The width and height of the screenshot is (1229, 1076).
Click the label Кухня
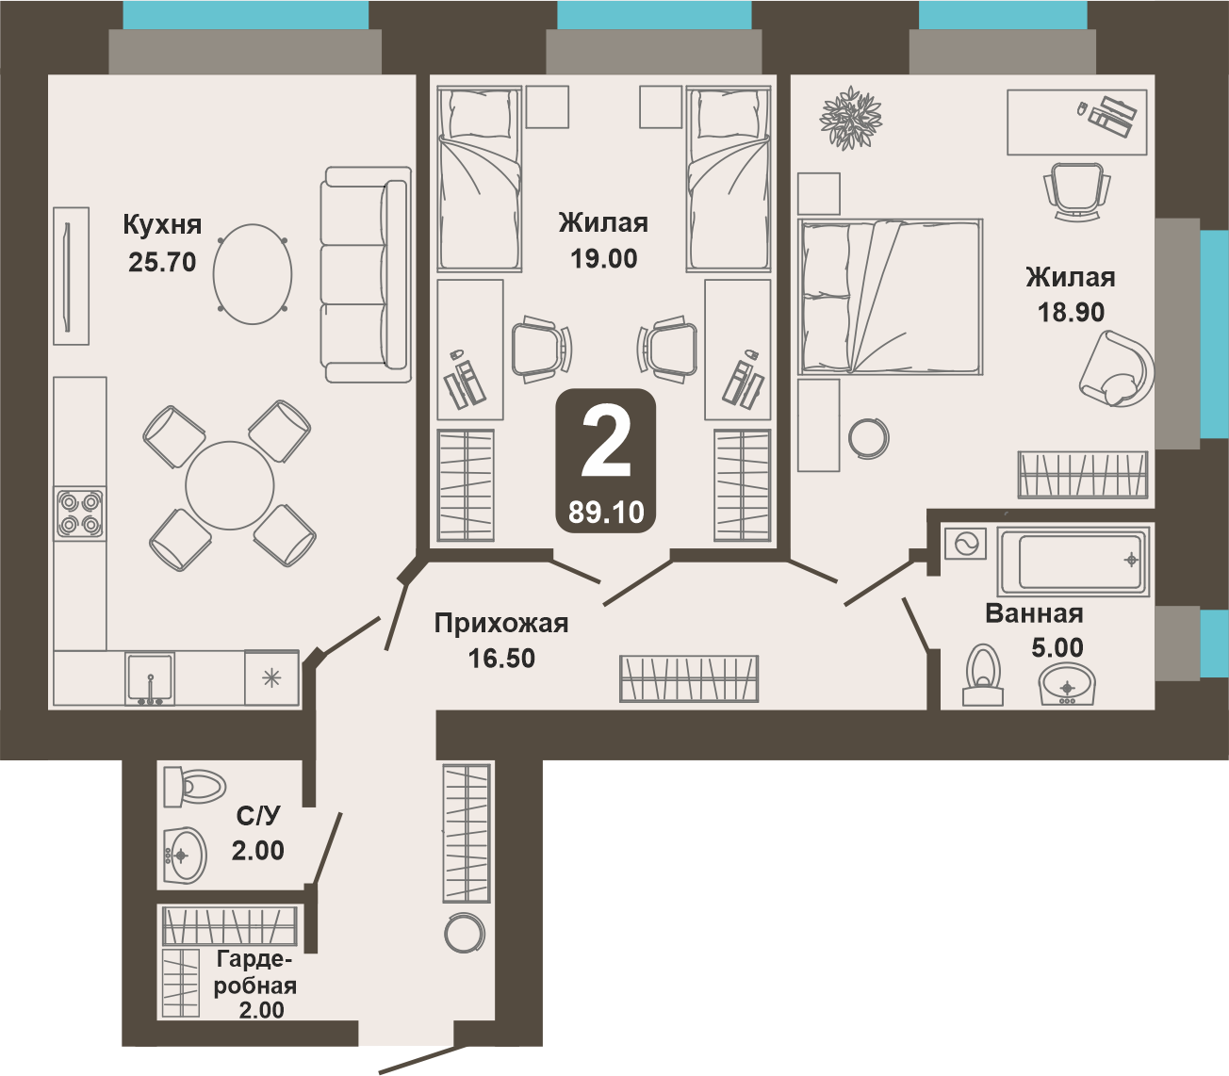coord(162,224)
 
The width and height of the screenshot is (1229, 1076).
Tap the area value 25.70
coord(162,262)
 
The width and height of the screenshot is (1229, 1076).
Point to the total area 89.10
coord(606,513)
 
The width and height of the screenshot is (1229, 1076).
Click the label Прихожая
coord(501,624)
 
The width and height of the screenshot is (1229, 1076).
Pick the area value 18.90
coord(1071,312)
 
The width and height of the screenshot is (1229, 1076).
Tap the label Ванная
coord(1034,613)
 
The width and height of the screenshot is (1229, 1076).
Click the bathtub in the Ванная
coord(1073,561)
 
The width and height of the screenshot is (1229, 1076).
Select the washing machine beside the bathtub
coord(965,544)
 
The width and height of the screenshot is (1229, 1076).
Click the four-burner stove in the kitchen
coord(79,514)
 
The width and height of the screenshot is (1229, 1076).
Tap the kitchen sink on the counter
coord(150,678)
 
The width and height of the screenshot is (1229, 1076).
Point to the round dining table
coord(229,485)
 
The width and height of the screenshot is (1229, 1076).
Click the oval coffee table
coord(253,274)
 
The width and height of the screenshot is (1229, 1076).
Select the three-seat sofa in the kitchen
coord(366,274)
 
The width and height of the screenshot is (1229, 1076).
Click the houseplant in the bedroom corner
coord(850,118)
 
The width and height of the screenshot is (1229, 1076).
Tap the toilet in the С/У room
coord(193,786)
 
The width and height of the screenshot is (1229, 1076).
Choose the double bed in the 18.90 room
coord(891,297)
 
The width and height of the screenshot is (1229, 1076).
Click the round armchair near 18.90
coord(1116,369)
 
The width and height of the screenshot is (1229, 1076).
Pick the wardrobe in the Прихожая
coord(689,679)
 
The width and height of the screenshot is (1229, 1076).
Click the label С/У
coord(257,816)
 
